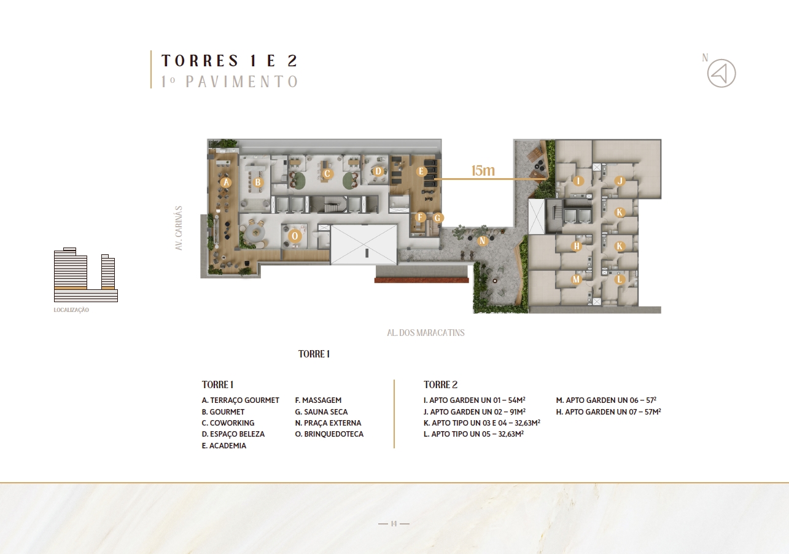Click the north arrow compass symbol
tap(721, 73)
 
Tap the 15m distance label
tap(483, 171)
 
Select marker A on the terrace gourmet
tap(226, 182)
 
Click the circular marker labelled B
tap(258, 182)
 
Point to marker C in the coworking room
tap(327, 173)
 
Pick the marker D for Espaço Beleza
tap(378, 171)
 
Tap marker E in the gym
tap(421, 171)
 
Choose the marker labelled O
tap(295, 236)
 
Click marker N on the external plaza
tap(482, 241)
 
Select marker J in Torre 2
tap(620, 181)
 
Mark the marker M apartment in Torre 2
tap(576, 279)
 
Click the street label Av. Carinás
tap(179, 228)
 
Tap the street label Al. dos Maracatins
tap(426, 333)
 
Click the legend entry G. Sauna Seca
tap(321, 412)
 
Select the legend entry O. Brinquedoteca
tap(329, 434)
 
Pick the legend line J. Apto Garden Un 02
tap(475, 412)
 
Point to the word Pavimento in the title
tap(242, 82)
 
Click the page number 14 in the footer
tap(394, 524)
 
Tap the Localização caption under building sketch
tap(71, 310)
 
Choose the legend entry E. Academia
tap(224, 445)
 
